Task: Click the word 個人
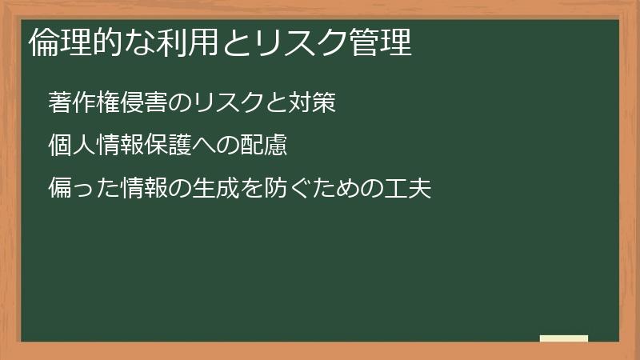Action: click(71, 146)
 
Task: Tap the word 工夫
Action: click(407, 189)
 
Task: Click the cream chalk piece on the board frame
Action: click(563, 338)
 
